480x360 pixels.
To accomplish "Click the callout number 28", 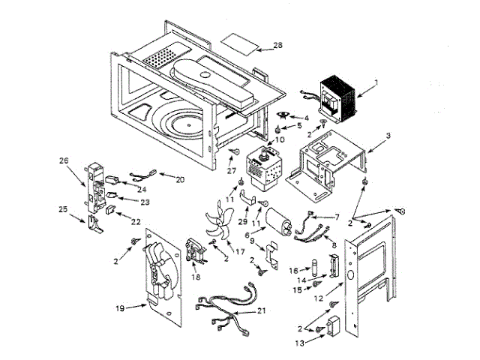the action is (x=277, y=45).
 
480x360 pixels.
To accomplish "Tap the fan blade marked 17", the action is (x=219, y=221).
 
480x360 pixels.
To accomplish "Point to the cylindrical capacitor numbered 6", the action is (x=277, y=222).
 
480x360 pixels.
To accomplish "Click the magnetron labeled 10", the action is (x=262, y=168).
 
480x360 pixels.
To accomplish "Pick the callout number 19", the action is (x=120, y=308).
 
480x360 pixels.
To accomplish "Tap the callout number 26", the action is (x=64, y=160).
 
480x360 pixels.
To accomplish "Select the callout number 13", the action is (x=300, y=343).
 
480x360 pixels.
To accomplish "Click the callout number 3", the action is (x=388, y=135).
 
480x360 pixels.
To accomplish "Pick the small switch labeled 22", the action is (x=110, y=210).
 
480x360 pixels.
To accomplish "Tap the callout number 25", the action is (x=63, y=209).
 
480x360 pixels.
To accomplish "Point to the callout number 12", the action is (x=318, y=298).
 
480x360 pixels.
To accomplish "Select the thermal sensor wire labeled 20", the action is (x=143, y=174).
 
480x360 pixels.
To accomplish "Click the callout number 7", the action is (x=337, y=217).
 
